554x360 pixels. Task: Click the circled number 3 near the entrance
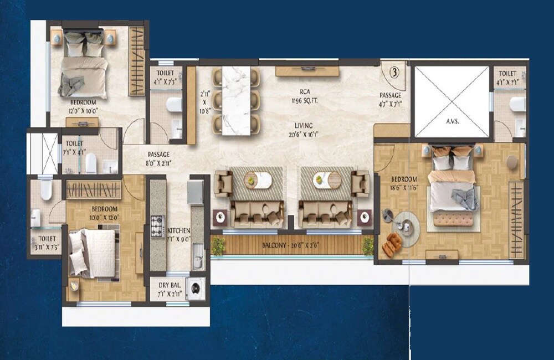point(394,72)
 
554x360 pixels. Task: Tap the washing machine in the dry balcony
point(195,289)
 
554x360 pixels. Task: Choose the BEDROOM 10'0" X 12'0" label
point(105,212)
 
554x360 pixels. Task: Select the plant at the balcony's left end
point(218,246)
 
